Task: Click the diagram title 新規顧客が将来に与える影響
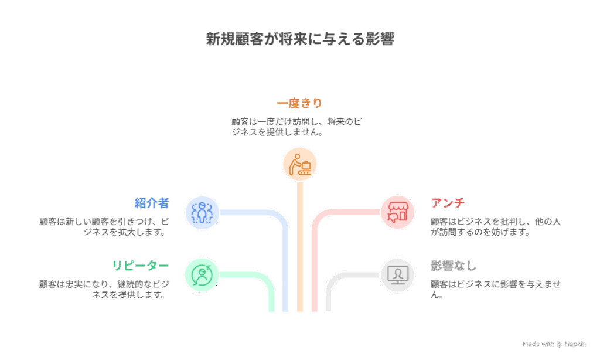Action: pos(299,39)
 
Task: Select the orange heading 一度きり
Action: pos(299,103)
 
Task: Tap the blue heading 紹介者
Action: pos(152,203)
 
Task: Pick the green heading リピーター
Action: pos(141,266)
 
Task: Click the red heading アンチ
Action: pos(448,203)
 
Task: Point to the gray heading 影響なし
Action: pos(454,266)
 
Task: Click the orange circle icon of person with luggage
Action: pos(300,164)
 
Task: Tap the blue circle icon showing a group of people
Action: pos(202,212)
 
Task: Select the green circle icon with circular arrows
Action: pos(202,274)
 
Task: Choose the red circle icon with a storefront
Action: pos(398,212)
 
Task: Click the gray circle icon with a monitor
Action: pos(398,274)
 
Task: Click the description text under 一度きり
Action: pos(296,127)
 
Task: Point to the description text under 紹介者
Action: pos(104,226)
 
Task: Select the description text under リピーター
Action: pos(104,289)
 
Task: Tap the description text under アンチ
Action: pos(496,226)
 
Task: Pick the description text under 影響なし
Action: pos(496,288)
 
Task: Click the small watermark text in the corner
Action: pos(554,344)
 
